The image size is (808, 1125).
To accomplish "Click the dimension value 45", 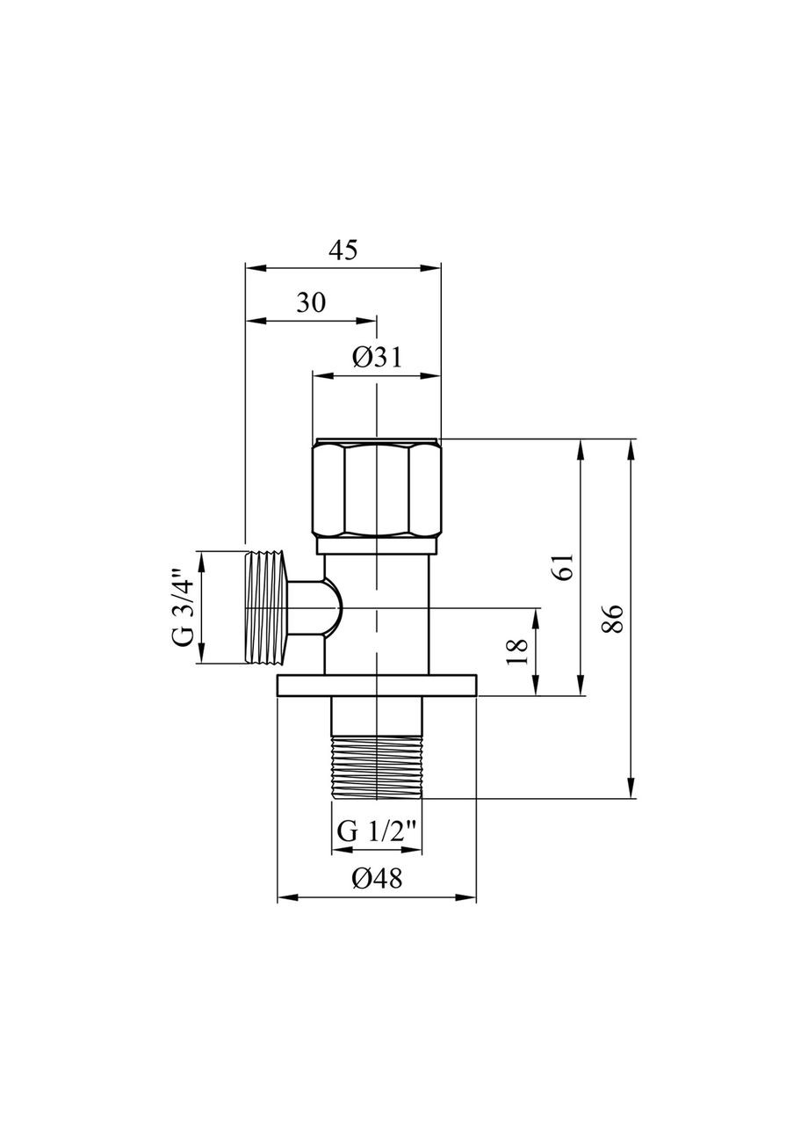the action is [x=344, y=250].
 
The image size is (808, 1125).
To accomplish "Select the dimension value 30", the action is [x=311, y=302].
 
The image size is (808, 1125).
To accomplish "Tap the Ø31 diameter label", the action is [x=377, y=358].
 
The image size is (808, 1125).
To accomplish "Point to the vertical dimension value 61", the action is [x=565, y=568].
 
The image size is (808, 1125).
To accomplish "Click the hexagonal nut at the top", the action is [x=377, y=488].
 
